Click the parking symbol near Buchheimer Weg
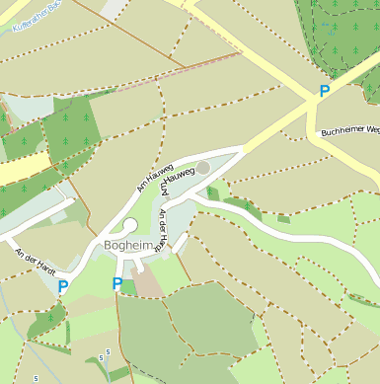[324, 92]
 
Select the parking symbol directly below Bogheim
[117, 285]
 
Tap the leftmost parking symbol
[63, 287]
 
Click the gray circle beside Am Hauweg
[202, 168]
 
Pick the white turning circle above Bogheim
[130, 225]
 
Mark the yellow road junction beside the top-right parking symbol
[307, 102]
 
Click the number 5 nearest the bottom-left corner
[37, 378]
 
